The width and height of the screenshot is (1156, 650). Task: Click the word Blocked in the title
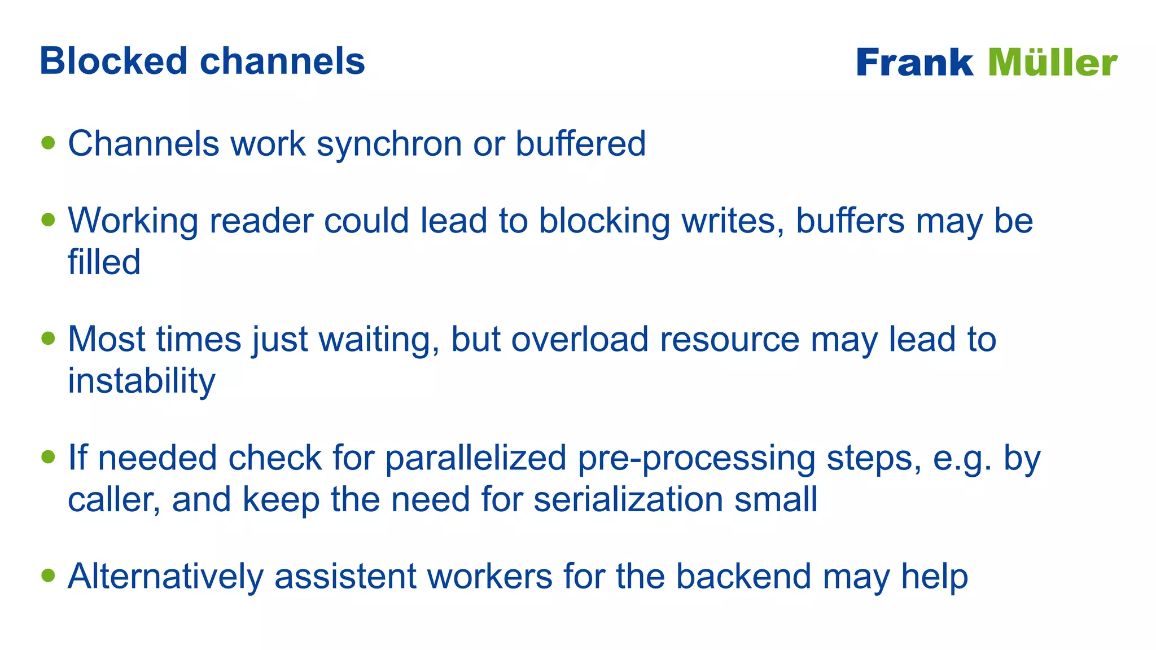coord(113,61)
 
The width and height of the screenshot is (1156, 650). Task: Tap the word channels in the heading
coord(282,61)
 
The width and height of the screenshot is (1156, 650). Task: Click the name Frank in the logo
coord(914,62)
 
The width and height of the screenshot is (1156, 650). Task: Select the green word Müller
coord(1052,62)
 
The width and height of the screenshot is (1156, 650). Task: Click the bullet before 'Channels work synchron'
coord(49,142)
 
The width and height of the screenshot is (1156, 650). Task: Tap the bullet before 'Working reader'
coord(49,219)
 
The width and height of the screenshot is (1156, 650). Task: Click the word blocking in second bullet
coord(604,221)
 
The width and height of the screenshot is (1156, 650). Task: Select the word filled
coord(104,262)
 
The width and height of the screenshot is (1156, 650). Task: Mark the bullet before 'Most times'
coord(49,338)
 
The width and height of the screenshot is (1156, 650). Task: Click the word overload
coord(580,339)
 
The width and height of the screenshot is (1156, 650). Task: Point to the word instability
coord(141,381)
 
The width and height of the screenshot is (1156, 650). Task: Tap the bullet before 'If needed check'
coord(49,456)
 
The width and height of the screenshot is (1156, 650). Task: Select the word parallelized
coord(475,458)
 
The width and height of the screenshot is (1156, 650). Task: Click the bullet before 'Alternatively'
coord(49,576)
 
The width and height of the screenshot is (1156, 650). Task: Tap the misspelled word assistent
coord(345,576)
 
